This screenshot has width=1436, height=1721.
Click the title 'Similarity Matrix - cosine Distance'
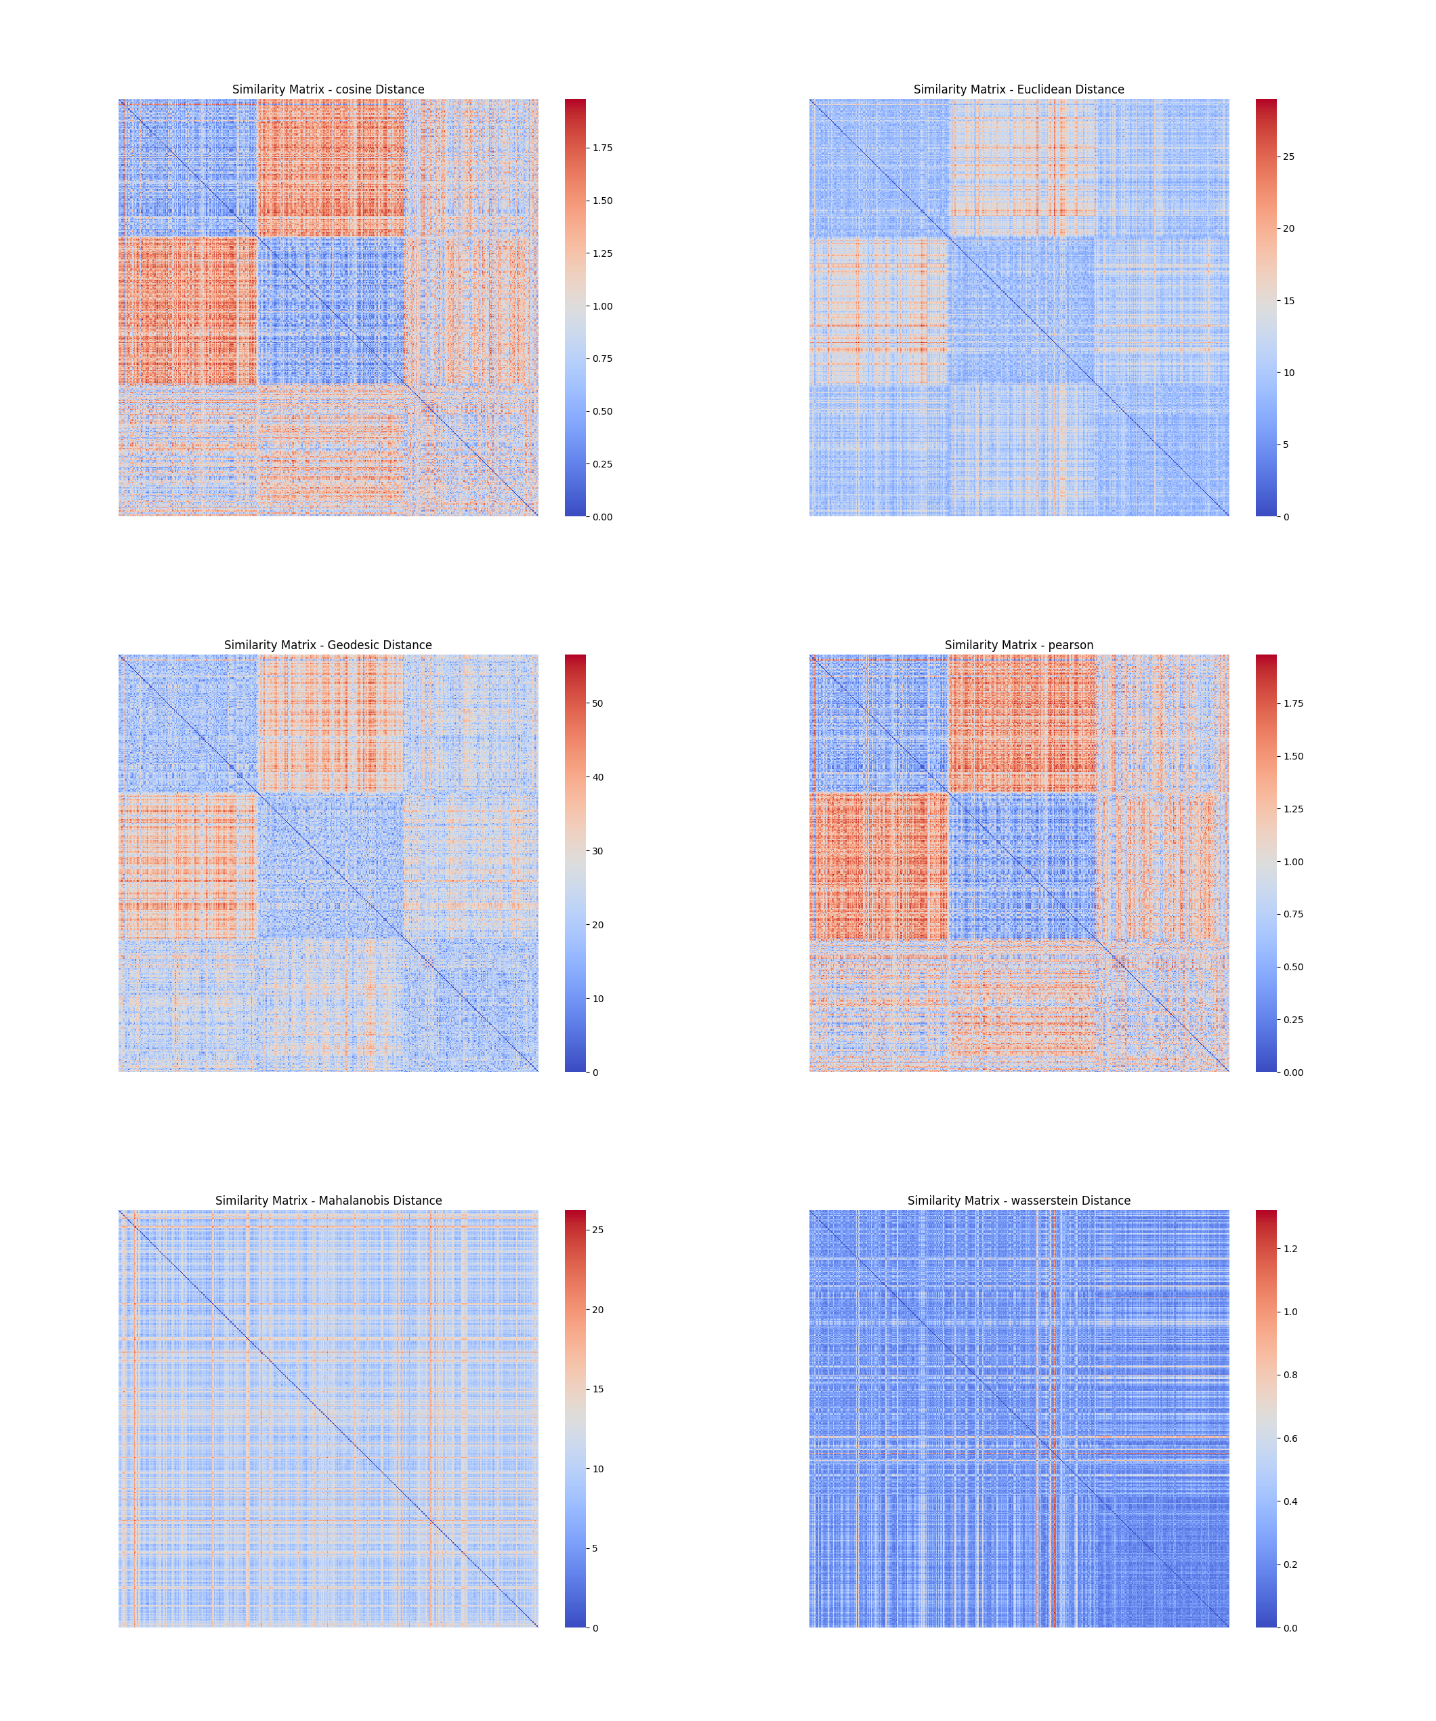pyautogui.click(x=328, y=89)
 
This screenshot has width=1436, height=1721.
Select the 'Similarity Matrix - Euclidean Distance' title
pyautogui.click(x=1018, y=89)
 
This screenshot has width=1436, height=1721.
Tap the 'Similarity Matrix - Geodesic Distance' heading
pyautogui.click(x=328, y=645)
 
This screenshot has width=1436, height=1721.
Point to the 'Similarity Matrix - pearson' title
pyautogui.click(x=1018, y=645)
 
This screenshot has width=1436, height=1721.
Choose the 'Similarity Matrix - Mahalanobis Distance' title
pyautogui.click(x=328, y=1201)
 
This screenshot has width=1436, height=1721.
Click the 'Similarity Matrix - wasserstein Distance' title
pyautogui.click(x=1018, y=1201)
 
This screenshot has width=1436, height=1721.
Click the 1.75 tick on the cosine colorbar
pyautogui.click(x=602, y=148)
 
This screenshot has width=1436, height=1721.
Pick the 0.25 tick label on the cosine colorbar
pyautogui.click(x=602, y=465)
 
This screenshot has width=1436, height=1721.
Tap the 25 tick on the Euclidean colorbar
pyautogui.click(x=1288, y=157)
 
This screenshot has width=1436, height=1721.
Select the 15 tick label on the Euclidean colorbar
pyautogui.click(x=1288, y=301)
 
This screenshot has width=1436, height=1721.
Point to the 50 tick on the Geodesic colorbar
pyautogui.click(x=598, y=703)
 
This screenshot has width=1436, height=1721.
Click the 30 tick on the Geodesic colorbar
pyautogui.click(x=598, y=852)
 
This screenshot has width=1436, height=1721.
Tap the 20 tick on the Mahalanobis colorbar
pyautogui.click(x=598, y=1310)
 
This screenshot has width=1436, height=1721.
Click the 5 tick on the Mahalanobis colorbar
pyautogui.click(x=595, y=1548)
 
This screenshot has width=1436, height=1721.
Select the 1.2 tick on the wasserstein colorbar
pyautogui.click(x=1290, y=1249)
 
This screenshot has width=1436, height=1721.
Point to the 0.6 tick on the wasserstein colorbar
pyautogui.click(x=1290, y=1438)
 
